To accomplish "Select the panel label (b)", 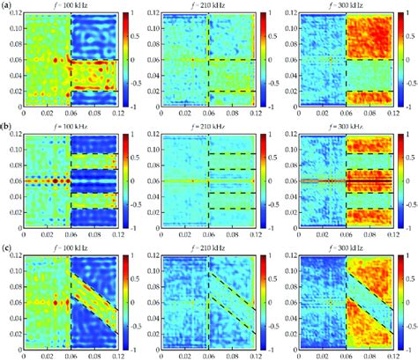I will point(7,125).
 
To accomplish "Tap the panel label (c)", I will point(7,244).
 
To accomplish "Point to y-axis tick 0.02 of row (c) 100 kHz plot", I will point(12,328).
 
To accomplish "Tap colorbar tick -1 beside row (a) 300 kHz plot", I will point(408,105).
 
